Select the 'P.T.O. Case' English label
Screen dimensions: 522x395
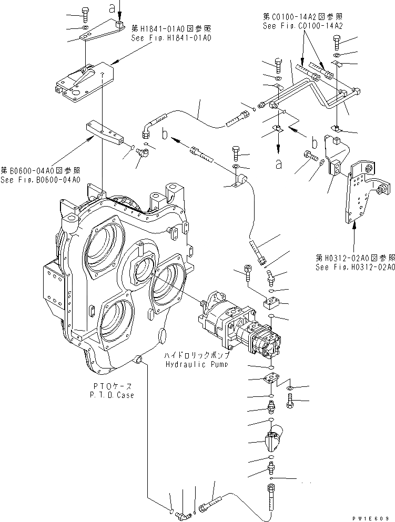click(x=111, y=395)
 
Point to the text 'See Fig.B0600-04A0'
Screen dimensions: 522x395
click(x=40, y=180)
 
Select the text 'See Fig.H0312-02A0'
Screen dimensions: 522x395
click(x=355, y=267)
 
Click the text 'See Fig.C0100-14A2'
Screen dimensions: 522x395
click(x=302, y=25)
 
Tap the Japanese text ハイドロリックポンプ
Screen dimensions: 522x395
click(x=196, y=356)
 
